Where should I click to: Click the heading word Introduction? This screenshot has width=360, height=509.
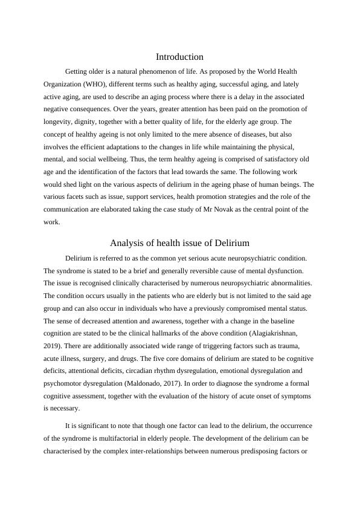pos(179,57)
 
